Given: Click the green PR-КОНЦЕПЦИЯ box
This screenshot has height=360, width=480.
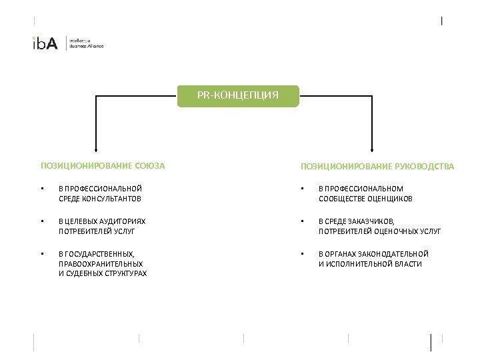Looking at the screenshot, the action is point(238,95).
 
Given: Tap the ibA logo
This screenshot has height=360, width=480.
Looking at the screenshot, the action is point(45,43).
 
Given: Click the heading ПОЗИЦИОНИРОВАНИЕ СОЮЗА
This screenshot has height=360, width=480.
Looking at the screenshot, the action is point(103,165).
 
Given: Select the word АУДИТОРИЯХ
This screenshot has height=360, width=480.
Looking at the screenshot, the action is point(121,221).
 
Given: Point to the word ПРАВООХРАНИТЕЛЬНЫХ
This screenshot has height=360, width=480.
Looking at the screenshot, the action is point(101,264).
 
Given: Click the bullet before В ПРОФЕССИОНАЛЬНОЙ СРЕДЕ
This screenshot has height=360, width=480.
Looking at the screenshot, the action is point(42,189).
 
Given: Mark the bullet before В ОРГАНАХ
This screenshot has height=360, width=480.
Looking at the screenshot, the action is point(303,254).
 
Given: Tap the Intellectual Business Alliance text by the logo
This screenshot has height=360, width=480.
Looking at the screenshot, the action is point(87,43).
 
